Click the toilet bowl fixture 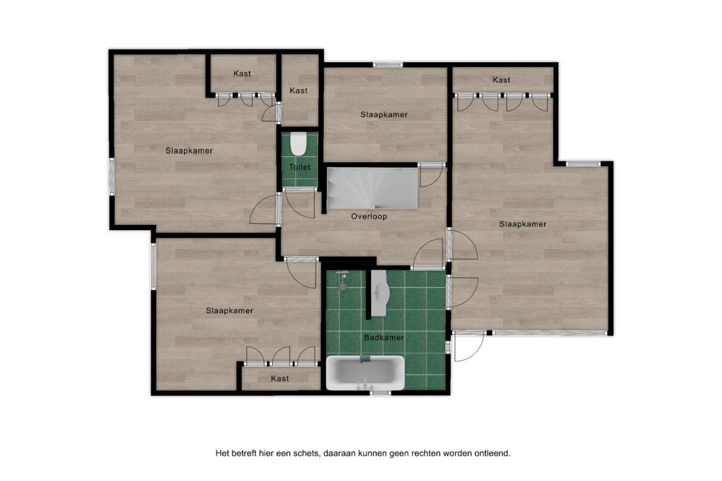tap(298, 144)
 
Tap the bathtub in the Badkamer tap(365, 373)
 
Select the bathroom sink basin tap(381, 292)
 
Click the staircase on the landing tap(373, 189)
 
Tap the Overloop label tap(369, 217)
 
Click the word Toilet tap(300, 167)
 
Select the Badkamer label tap(384, 338)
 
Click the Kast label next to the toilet tap(298, 91)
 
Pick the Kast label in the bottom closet tap(280, 379)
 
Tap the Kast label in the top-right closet tap(501, 80)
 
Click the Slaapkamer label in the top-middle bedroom tap(384, 115)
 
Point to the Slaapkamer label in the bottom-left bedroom tap(230, 311)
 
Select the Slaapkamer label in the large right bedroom tap(523, 224)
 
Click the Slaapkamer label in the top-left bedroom tap(189, 150)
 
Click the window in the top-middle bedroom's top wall tap(388, 65)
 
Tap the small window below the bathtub tap(380, 393)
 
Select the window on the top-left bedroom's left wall tap(112, 176)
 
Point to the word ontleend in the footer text tap(493, 453)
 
